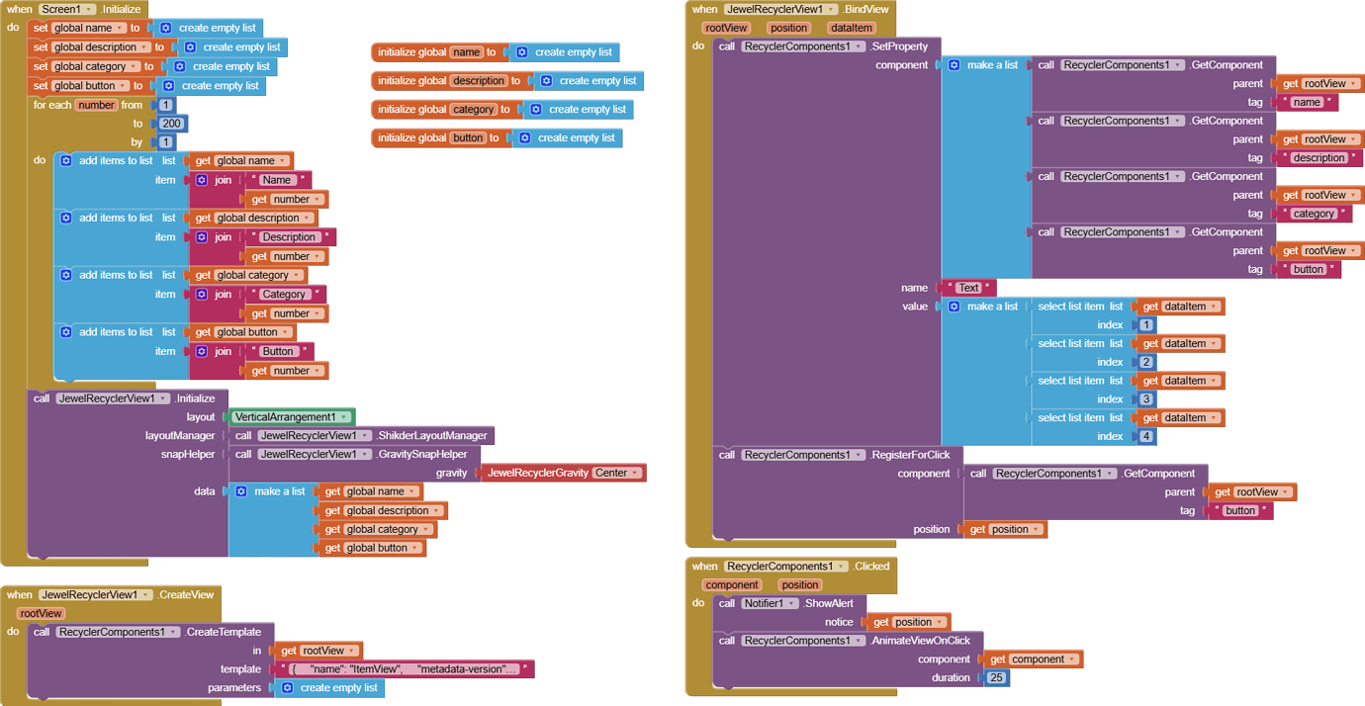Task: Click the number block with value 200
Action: coord(171,124)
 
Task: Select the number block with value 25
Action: coord(996,677)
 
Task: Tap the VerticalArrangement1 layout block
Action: coord(290,416)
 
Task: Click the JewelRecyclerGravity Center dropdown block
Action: coord(563,473)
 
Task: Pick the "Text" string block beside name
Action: coord(967,288)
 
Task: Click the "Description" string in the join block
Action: coord(289,237)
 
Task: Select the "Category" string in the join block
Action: coord(283,295)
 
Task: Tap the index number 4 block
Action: coord(1145,436)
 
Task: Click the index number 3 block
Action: coord(1145,399)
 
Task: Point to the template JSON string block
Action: coord(405,668)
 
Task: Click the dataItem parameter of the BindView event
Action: coord(852,28)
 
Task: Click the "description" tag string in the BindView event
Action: coord(1319,158)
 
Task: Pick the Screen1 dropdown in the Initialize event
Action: coord(67,9)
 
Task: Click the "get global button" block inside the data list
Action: coord(372,548)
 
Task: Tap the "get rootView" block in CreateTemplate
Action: coord(318,651)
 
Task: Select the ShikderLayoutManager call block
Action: coord(361,435)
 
